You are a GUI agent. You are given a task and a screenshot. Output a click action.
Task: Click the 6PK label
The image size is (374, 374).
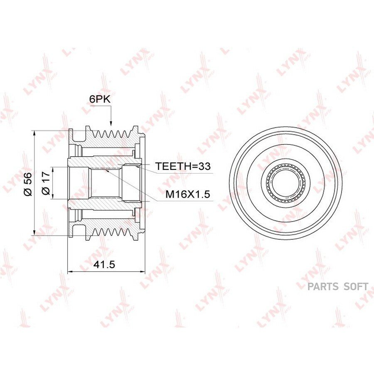click(100, 99)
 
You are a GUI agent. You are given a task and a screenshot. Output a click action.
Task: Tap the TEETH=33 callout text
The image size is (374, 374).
click(183, 166)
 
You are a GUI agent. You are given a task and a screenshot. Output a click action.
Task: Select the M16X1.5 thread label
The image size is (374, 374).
click(188, 194)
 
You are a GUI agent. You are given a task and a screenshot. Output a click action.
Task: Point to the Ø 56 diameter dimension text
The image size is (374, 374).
click(28, 184)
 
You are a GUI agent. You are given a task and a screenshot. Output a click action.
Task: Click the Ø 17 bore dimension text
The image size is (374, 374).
click(46, 183)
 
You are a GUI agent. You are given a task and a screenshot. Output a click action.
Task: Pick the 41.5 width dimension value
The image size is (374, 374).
click(104, 264)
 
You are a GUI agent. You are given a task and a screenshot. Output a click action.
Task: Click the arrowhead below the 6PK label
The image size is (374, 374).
click(111, 123)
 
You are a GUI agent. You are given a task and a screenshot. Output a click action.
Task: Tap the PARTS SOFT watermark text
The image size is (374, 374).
click(338, 286)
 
